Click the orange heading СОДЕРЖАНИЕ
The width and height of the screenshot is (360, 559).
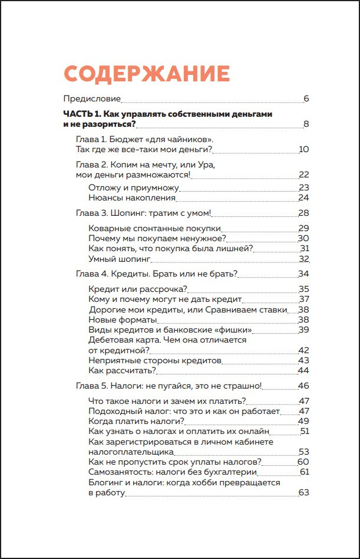tap(146, 74)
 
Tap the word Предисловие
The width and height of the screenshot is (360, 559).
tap(92, 98)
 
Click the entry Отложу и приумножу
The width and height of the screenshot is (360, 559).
tap(133, 188)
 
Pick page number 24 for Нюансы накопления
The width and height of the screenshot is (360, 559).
tap(303, 198)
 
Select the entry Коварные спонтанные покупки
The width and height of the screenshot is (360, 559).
tap(155, 228)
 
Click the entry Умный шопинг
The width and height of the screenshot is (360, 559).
tap(120, 258)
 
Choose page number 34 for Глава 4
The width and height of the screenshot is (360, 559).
tap(303, 274)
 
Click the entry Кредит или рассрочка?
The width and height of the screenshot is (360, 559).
tap(138, 289)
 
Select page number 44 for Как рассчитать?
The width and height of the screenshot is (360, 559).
tap(303, 370)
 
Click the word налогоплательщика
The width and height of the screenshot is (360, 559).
tap(131, 452)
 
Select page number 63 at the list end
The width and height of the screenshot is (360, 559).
tap(303, 492)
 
